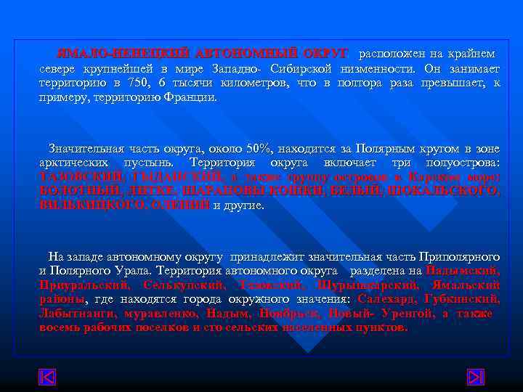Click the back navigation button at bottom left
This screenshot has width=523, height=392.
point(47,378)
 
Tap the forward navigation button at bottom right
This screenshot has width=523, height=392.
point(476,378)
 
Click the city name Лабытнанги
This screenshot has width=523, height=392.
point(73,314)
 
